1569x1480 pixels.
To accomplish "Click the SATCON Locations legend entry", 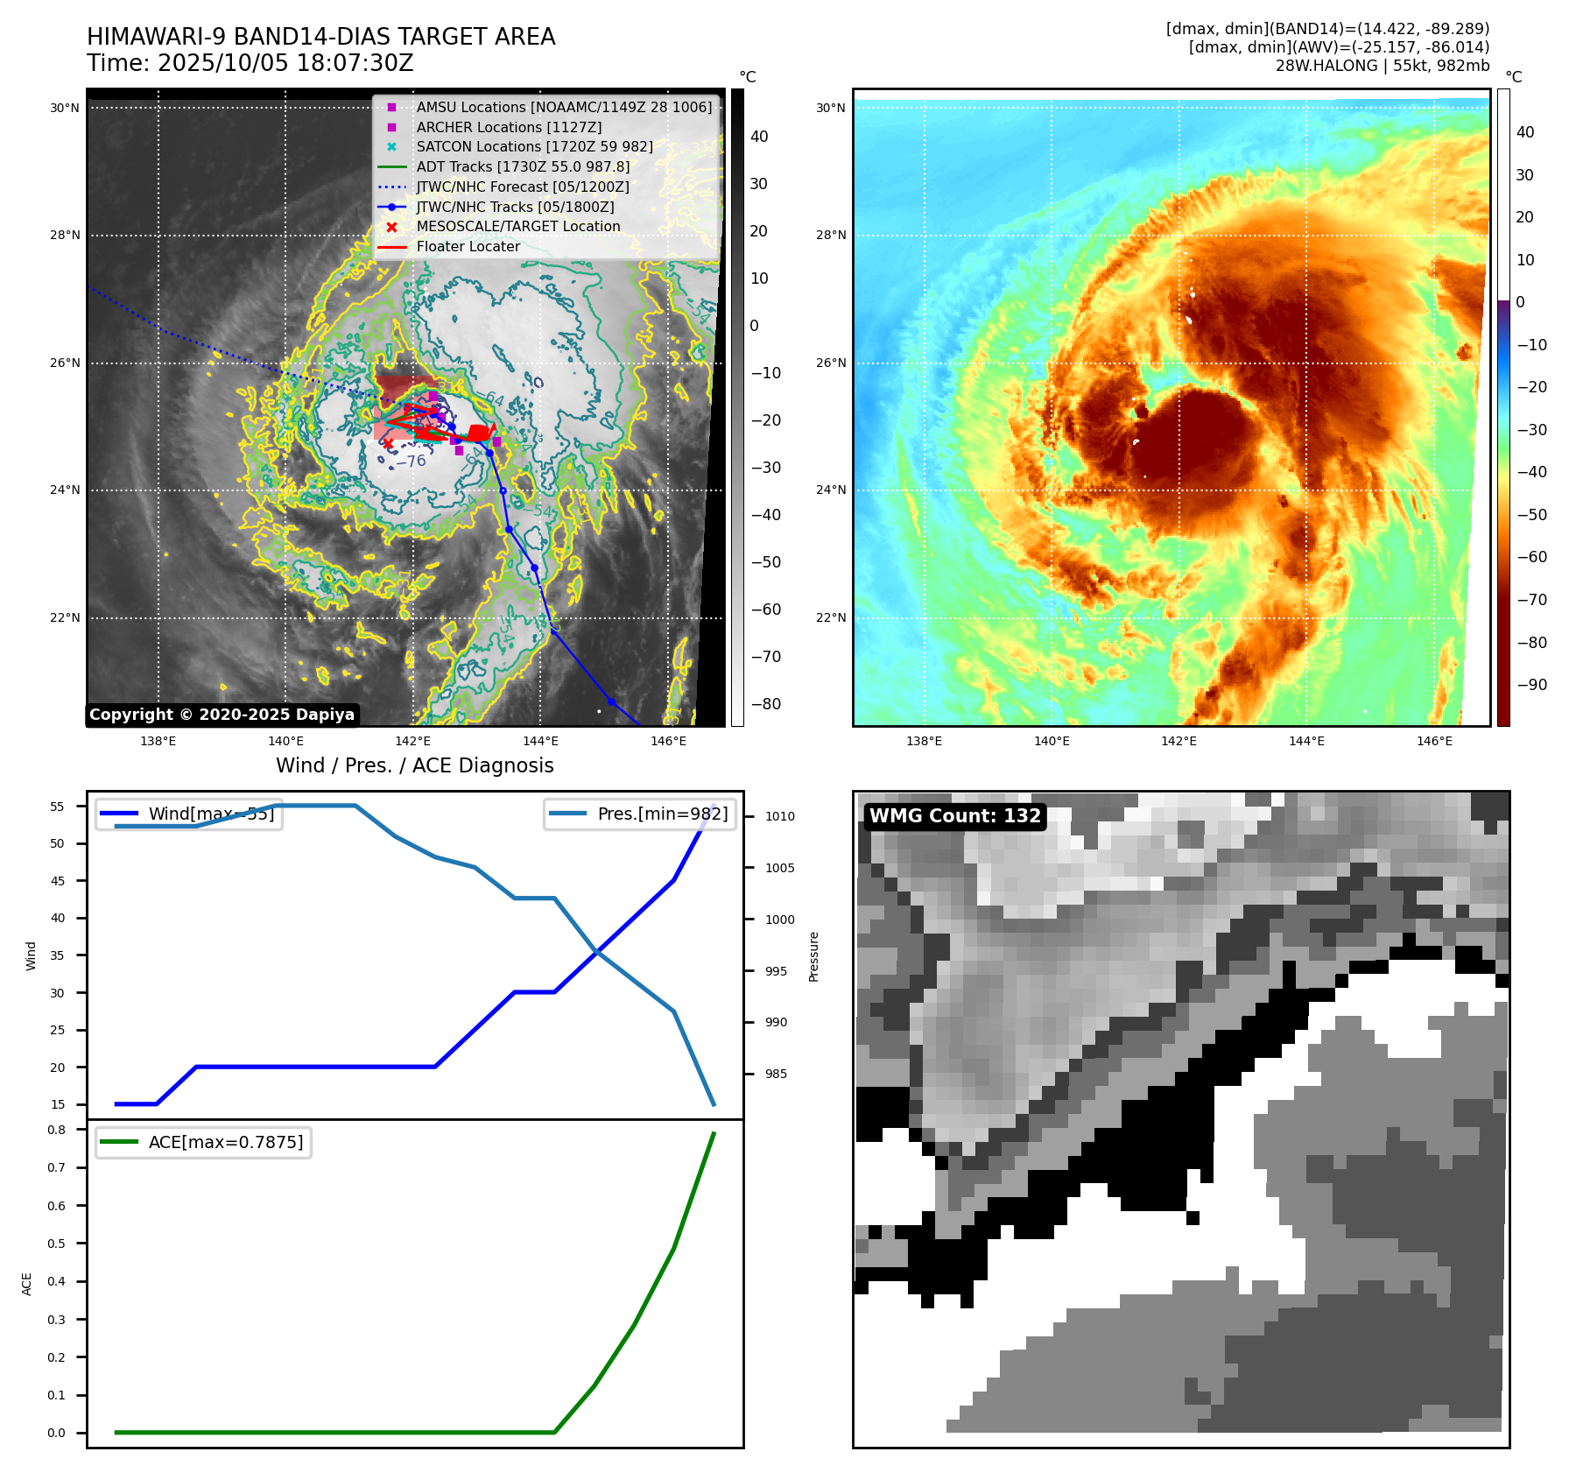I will click(534, 147).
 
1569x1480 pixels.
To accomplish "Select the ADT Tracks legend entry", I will click(523, 167).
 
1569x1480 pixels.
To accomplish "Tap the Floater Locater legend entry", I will click(468, 247).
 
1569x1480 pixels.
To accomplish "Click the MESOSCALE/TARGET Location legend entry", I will click(517, 227).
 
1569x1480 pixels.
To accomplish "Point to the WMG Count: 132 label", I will click(954, 816).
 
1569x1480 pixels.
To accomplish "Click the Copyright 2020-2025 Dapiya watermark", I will click(222, 715).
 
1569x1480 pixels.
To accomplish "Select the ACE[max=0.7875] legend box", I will click(203, 1142).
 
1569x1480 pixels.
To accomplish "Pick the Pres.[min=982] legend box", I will click(640, 814).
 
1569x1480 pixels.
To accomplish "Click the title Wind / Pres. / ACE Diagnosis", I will click(414, 766).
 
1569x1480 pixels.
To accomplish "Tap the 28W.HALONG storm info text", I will click(1382, 66).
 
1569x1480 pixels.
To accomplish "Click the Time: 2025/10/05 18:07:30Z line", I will click(250, 64).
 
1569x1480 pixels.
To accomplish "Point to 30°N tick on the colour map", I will click(831, 109).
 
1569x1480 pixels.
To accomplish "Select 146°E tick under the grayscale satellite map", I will click(668, 741).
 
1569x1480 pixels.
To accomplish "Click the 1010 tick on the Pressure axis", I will click(779, 816).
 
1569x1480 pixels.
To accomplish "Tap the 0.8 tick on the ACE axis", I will click(57, 1130).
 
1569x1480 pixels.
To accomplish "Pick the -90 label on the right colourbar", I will click(1531, 685).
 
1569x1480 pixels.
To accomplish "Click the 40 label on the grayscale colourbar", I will click(759, 137).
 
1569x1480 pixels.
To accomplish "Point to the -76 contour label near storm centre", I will click(411, 462).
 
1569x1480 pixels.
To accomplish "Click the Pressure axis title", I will click(813, 956).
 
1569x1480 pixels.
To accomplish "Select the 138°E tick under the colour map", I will click(924, 741).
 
